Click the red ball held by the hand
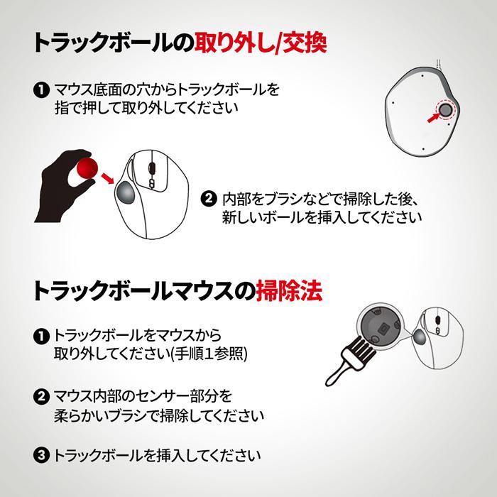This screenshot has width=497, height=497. [x=89, y=168]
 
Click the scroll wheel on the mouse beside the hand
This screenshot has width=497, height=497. [x=151, y=167]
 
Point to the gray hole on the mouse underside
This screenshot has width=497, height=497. [x=447, y=110]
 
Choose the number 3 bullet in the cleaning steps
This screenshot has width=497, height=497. [x=41, y=455]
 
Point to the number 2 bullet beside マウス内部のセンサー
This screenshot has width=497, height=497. [x=41, y=395]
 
